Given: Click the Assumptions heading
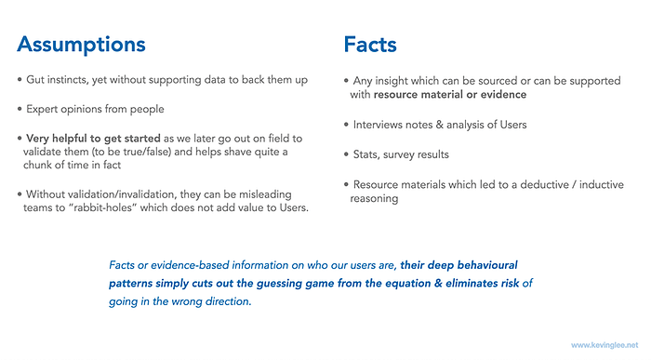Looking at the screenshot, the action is tap(82, 46).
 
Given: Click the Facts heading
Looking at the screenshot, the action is tap(370, 45).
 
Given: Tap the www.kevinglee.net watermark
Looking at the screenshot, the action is tap(604, 345).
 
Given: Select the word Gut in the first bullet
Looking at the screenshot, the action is tap(35, 80).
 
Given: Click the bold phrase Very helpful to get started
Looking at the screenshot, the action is tap(93, 139).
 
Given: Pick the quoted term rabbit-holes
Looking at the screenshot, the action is tap(105, 207).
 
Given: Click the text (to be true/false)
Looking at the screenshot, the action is tap(126, 152).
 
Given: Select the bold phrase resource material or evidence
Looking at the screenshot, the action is tap(449, 95).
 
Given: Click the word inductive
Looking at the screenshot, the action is tap(601, 184).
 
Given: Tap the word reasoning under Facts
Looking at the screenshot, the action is tap(374, 198).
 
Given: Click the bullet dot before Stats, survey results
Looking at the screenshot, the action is tap(346, 154).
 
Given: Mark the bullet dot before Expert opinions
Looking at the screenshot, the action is tap(20, 109).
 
